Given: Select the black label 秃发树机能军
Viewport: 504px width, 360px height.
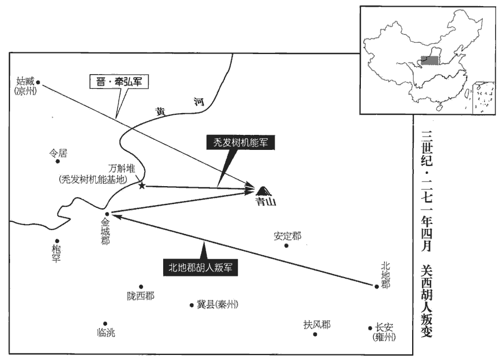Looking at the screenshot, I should [x=241, y=143].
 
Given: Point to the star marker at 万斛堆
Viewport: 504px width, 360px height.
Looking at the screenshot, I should [x=142, y=185].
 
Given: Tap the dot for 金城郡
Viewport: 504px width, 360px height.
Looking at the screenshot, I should [x=106, y=213].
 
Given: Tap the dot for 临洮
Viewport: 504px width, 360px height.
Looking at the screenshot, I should [x=105, y=323].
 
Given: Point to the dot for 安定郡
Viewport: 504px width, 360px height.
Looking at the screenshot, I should [x=287, y=245].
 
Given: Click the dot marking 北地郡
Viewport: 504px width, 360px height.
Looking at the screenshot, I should [x=376, y=286].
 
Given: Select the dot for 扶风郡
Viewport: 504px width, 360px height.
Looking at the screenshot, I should [x=315, y=334].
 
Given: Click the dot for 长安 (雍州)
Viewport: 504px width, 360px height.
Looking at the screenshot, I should [x=370, y=329].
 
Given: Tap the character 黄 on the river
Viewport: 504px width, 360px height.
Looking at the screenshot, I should [x=161, y=110].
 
